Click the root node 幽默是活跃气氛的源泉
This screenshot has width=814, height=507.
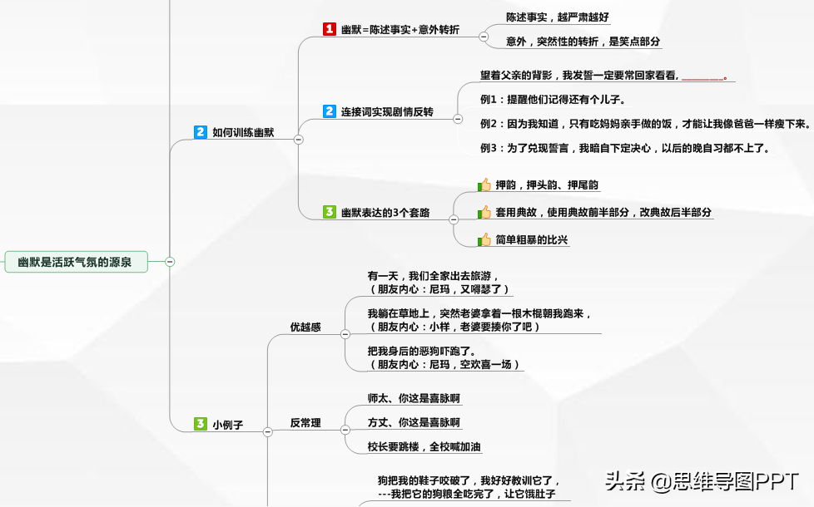76,262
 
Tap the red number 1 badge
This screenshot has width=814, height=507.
329,29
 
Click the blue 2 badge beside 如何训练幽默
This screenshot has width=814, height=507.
201,131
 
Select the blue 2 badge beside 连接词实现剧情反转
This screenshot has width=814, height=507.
329,111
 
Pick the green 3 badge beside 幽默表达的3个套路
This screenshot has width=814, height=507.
329,211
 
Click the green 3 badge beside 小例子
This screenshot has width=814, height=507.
201,424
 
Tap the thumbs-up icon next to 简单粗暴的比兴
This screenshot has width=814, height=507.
484,239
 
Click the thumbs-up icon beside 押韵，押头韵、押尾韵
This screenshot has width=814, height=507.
484,185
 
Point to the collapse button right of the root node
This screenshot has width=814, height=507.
170,262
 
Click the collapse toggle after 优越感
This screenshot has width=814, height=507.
345,334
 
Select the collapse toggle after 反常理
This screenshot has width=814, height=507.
345,430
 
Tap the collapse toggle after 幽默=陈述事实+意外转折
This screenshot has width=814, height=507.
484,37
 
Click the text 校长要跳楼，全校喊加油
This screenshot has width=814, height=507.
424,446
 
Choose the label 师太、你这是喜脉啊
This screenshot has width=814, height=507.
414,398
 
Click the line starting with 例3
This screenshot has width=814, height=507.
624,148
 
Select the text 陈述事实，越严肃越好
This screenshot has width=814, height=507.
558,17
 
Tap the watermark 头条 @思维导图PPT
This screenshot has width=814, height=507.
702,481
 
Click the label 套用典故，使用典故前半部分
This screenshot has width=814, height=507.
562,212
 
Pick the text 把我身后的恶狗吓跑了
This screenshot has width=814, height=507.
421,351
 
